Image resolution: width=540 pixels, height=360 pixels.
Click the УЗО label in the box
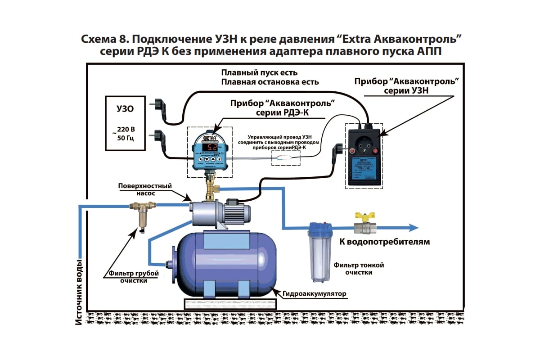(x=125, y=109)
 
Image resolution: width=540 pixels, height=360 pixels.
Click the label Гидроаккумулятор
(x=315, y=294)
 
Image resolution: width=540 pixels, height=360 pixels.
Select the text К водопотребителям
(x=384, y=242)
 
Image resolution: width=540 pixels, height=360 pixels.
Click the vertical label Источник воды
(x=80, y=292)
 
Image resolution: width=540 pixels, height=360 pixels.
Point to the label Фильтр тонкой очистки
(x=359, y=269)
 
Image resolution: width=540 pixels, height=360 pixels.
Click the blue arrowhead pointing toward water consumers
(x=413, y=227)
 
